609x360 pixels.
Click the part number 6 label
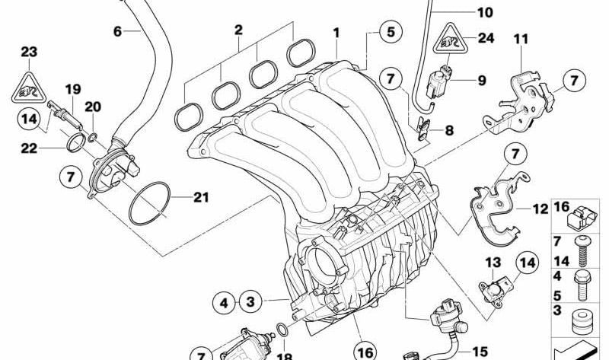pos(117,31)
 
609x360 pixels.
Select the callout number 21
pos(200,198)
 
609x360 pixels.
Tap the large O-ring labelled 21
pos(148,203)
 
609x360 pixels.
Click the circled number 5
pos(391,32)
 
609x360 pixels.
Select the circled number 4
pos(224,303)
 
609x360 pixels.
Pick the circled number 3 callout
pos(250,302)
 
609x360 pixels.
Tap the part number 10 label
pos(485,12)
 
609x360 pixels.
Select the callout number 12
pos(540,208)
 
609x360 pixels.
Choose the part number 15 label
pos(480,352)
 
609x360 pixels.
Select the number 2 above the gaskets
pos(238,30)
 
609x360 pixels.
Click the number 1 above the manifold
pos(336,32)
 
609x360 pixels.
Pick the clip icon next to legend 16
pos(582,221)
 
